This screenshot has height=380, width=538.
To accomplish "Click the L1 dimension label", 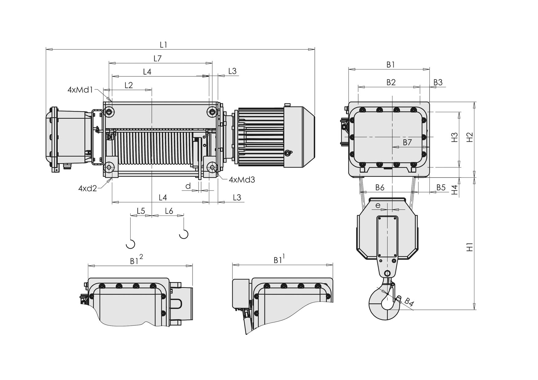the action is [x=163, y=45].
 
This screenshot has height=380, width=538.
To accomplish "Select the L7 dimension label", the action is [x=157, y=58].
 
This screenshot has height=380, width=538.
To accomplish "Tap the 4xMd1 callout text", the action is [x=80, y=90].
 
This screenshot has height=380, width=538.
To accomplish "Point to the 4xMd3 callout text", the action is [x=242, y=180].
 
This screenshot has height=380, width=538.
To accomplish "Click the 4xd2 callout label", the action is [x=87, y=188].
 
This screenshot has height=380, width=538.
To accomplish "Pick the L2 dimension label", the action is [x=129, y=85].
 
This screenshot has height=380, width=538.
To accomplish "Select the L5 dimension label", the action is [x=141, y=211].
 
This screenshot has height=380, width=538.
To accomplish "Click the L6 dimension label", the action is [x=169, y=211].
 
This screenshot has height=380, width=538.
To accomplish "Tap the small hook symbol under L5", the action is [x=130, y=244].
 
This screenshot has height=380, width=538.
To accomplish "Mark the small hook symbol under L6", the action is [x=184, y=234].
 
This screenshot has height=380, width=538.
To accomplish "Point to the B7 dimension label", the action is [x=407, y=142].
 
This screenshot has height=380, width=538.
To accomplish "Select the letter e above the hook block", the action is [x=378, y=205].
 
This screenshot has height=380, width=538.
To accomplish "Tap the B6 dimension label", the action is [x=380, y=187].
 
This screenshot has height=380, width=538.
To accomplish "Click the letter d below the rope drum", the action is [x=188, y=186].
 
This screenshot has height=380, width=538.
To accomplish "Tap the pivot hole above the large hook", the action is [x=387, y=274].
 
